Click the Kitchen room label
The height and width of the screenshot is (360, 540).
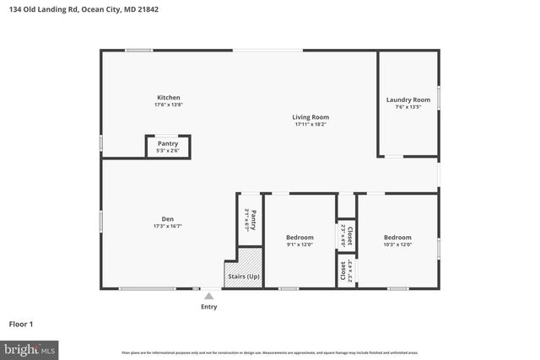(168, 97)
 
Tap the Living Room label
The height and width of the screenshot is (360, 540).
(310, 116)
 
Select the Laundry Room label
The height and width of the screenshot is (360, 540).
(408, 99)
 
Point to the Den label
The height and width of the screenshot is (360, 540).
(168, 218)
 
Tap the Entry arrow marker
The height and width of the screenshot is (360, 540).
(208, 296)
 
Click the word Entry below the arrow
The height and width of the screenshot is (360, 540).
(208, 307)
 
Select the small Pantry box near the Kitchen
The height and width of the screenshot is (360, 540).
(168, 147)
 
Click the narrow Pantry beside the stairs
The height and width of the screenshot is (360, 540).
(251, 221)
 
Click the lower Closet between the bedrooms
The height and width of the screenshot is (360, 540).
(345, 271)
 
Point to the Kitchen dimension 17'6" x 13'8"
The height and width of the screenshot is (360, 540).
(168, 105)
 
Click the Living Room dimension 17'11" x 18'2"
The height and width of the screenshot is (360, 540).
(310, 125)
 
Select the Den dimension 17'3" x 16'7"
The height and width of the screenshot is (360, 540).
(168, 226)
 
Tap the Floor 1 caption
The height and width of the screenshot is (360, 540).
(20, 324)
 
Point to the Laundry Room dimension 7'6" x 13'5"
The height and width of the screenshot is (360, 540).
(408, 107)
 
